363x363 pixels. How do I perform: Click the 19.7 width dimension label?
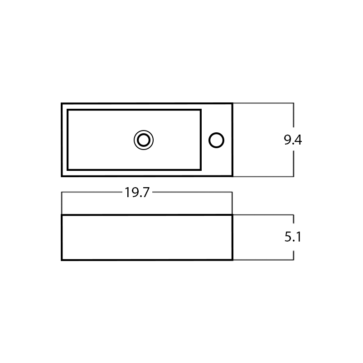click(137, 193)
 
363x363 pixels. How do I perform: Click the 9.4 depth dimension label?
click(293, 140)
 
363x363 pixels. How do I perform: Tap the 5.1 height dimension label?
click(293, 237)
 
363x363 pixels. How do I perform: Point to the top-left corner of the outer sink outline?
click(62, 103)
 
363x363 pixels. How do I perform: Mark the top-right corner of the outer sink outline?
click(232, 103)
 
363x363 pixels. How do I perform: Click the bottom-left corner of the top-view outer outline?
click(62, 176)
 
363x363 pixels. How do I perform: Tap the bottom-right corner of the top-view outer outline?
click(232, 176)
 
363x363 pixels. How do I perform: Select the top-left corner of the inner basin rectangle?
click(68, 110)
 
